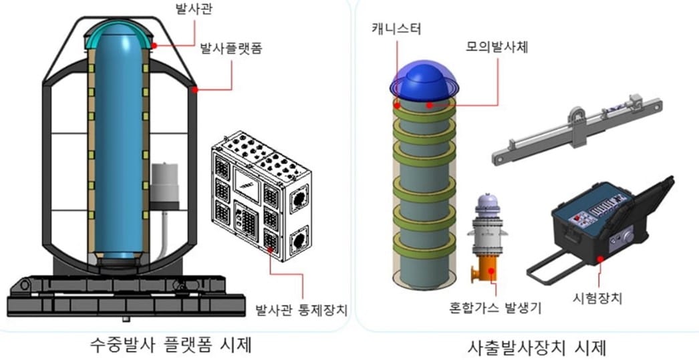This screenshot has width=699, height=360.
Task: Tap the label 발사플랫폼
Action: coord(231,48)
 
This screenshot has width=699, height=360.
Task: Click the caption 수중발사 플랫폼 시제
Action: coord(170,345)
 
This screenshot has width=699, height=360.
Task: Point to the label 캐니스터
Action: coord(396,29)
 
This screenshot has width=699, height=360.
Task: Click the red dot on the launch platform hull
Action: coord(195,89)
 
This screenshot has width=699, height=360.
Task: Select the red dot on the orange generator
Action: coord(492,270)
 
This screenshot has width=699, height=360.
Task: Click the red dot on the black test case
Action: coord(601,258)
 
